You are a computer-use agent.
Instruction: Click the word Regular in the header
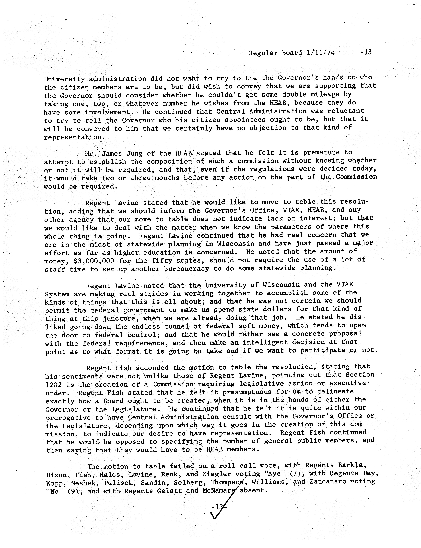(261, 53)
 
